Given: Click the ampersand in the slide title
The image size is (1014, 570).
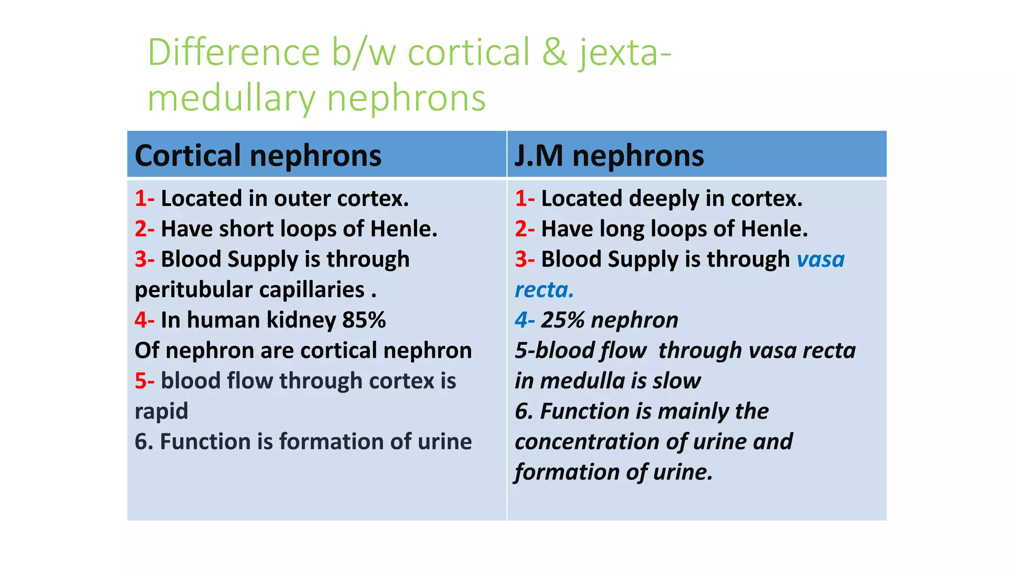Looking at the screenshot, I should pos(555,52).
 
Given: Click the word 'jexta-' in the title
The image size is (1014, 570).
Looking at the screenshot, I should pos(625,53).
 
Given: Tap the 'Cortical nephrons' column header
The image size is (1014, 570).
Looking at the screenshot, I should pos(258,156).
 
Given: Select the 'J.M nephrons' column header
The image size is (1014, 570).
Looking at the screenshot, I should pos(609,156).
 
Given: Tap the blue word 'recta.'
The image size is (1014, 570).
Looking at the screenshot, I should pos(544,290).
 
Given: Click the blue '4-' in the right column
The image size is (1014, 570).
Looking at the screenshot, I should pos(524,320).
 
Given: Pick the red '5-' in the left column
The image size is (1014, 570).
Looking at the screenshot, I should pos(145,381).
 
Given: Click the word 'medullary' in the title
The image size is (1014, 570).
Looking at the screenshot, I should pos(231,98).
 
